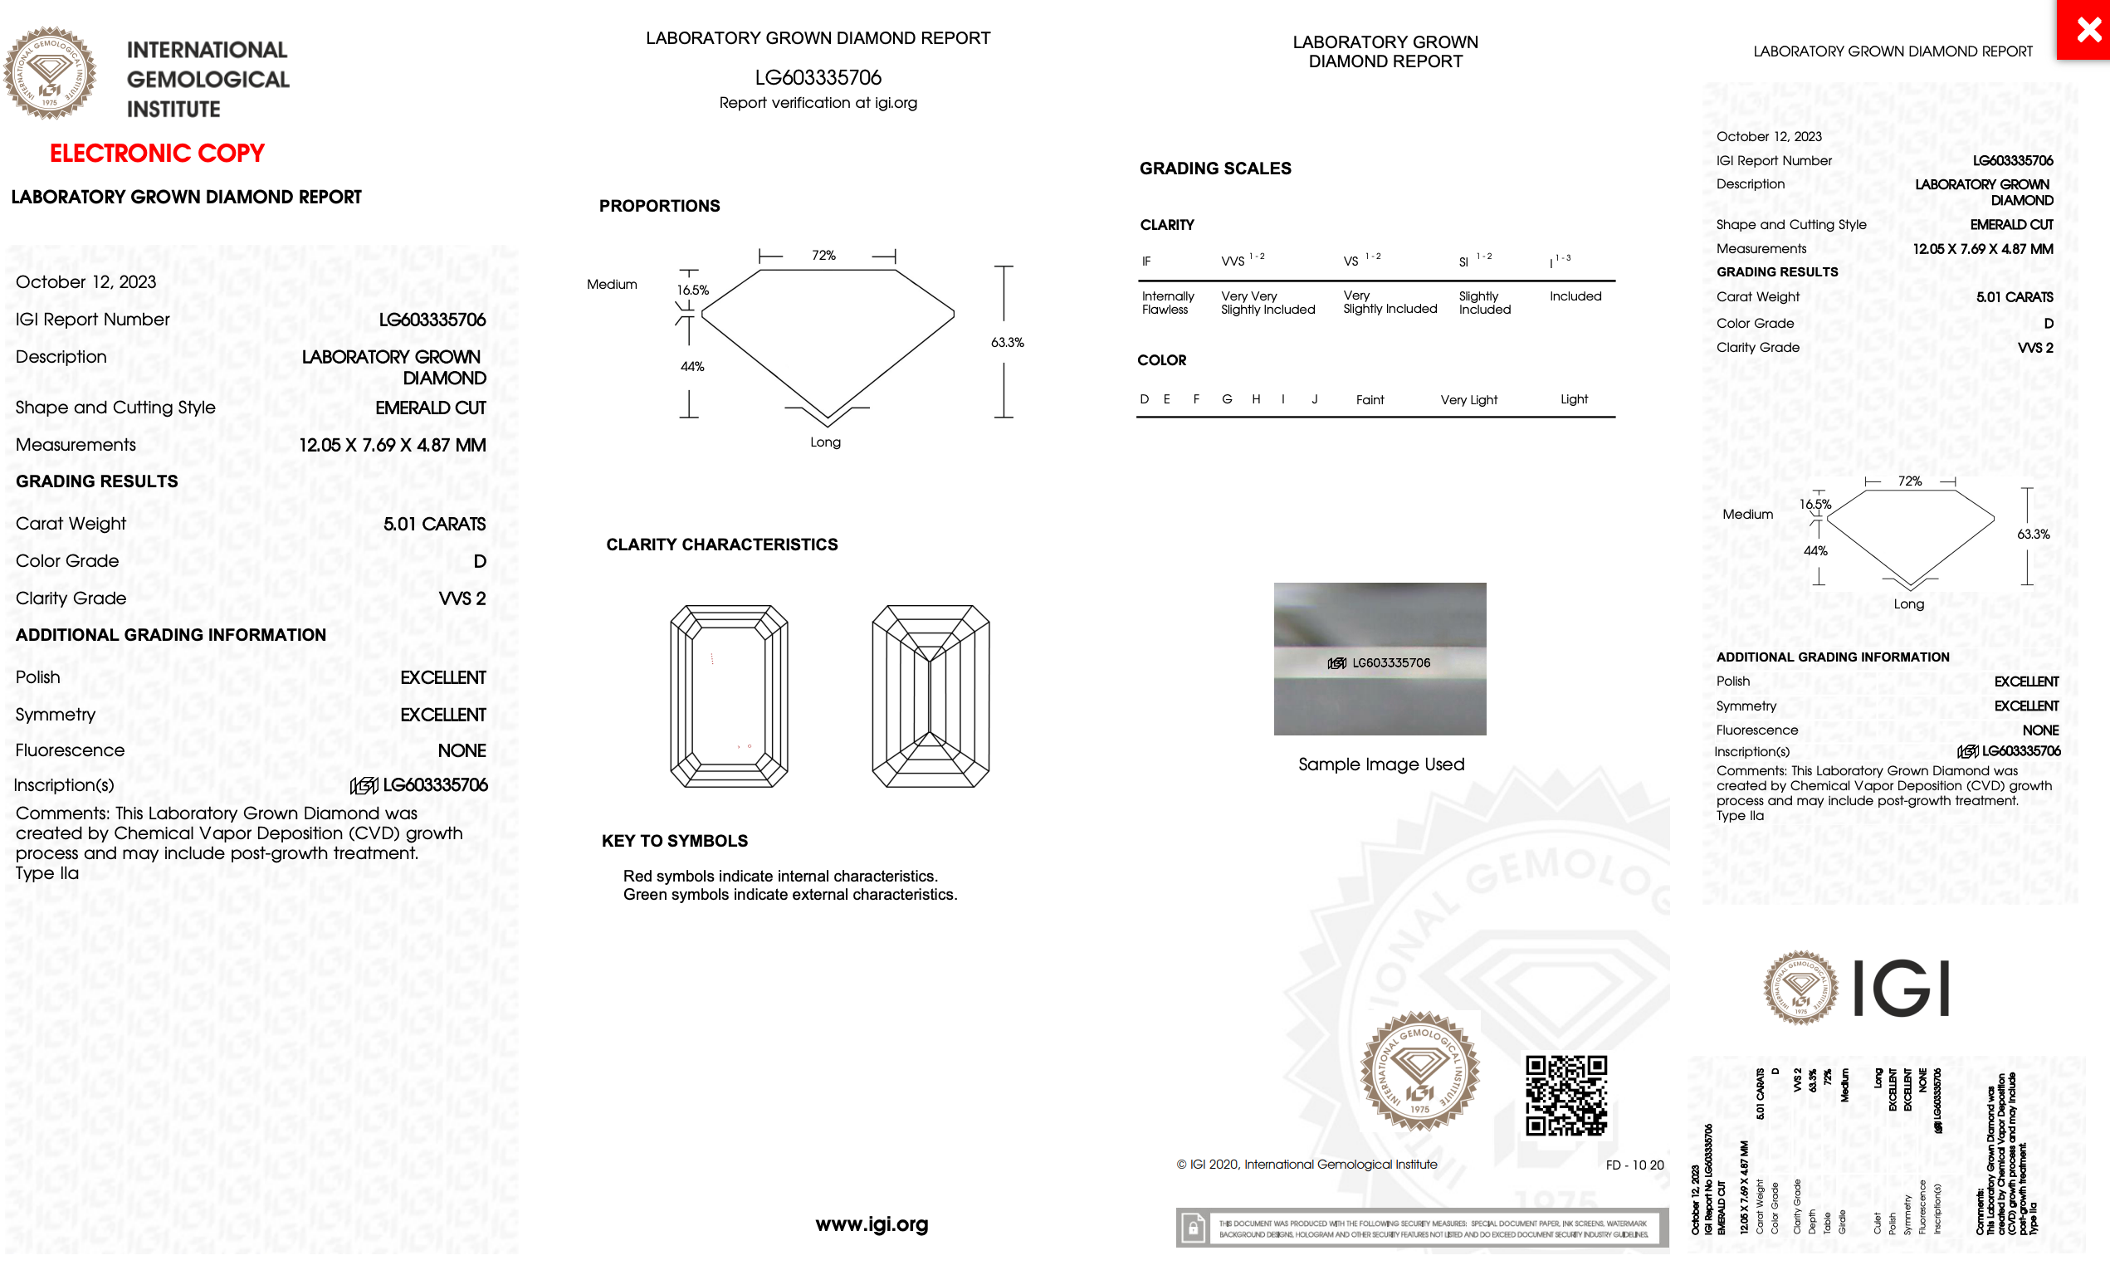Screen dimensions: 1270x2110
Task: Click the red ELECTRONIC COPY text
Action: [157, 154]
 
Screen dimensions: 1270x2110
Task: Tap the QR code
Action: [1565, 1095]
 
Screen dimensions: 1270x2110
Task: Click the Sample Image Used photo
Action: [1380, 658]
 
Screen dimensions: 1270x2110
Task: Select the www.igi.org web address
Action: [871, 1224]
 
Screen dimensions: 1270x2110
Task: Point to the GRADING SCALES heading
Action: [1215, 169]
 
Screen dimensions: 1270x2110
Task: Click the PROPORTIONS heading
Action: [659, 206]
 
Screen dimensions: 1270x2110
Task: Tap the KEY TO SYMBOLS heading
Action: [674, 840]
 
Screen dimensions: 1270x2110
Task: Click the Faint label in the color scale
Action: [1369, 399]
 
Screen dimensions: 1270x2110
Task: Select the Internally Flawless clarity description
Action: [1167, 303]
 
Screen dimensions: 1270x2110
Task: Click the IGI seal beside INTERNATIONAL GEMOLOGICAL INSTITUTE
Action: [50, 74]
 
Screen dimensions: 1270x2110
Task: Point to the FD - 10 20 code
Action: [1634, 1165]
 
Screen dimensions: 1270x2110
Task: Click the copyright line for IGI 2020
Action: [1307, 1165]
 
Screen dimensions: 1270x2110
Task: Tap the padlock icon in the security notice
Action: [1193, 1228]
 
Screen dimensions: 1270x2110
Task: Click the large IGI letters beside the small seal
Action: [1901, 989]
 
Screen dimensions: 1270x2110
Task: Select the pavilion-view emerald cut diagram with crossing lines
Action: [930, 696]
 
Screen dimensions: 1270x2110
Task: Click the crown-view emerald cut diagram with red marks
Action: [729, 696]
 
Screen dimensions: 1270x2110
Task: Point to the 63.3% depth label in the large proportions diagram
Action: [1007, 342]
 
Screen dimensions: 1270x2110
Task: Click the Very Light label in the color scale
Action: [1468, 399]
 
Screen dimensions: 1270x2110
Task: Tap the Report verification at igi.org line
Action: [818, 103]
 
